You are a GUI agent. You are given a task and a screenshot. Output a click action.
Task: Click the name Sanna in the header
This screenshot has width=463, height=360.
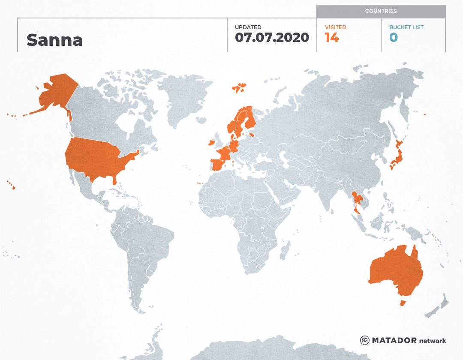pos(54,40)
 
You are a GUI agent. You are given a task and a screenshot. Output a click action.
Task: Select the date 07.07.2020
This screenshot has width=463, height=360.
pos(272,37)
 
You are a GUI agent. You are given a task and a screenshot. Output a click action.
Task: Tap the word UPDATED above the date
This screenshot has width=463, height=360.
pos(248,27)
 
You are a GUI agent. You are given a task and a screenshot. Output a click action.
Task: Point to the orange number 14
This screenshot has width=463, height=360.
pos(332,38)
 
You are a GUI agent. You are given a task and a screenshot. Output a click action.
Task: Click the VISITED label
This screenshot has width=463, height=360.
pos(335,27)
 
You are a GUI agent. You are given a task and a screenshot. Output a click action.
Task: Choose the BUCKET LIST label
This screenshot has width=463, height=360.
pos(406,27)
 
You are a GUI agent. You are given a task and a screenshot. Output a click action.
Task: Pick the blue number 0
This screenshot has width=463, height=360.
pos(393,38)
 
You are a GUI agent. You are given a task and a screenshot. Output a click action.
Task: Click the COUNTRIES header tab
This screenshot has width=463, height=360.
pos(381,11)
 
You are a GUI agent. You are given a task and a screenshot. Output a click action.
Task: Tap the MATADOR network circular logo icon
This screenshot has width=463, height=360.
pos(365,340)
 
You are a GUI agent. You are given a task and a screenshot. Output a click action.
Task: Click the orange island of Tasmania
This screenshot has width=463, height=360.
pos(403,303)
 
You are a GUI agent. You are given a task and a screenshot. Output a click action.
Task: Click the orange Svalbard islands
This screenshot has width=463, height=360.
pos(239,87)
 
